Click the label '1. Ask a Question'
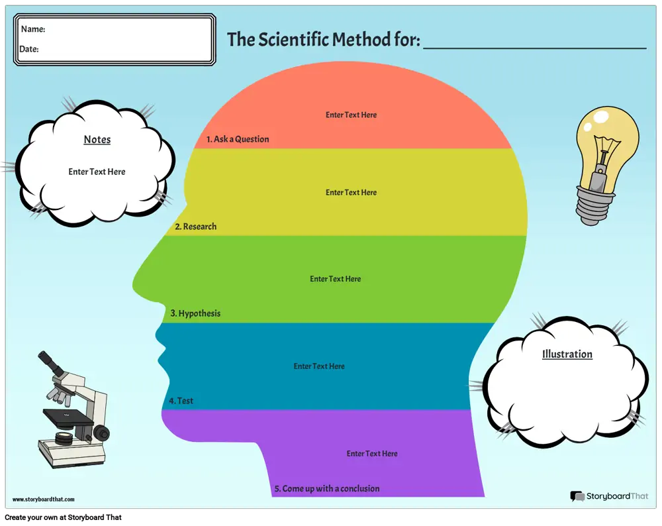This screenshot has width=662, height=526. pyautogui.click(x=238, y=139)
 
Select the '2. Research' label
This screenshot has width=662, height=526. pyautogui.click(x=195, y=227)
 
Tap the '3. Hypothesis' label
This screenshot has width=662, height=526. pyautogui.click(x=195, y=313)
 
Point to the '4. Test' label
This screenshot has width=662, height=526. pyautogui.click(x=181, y=401)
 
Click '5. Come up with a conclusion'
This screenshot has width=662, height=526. pyautogui.click(x=327, y=489)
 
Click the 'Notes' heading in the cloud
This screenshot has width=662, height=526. pyautogui.click(x=97, y=140)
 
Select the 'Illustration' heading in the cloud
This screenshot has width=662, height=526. pyautogui.click(x=567, y=354)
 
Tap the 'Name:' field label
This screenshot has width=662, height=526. pyautogui.click(x=33, y=29)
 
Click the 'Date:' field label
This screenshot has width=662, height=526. pyautogui.click(x=29, y=49)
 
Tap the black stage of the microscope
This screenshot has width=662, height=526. pyautogui.click(x=68, y=417)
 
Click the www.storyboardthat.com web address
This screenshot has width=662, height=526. pyautogui.click(x=44, y=500)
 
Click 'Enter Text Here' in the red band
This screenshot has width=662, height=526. pyautogui.click(x=351, y=115)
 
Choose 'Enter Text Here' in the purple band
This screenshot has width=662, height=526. pyautogui.click(x=372, y=454)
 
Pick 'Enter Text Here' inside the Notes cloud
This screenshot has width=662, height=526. pyautogui.click(x=97, y=172)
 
